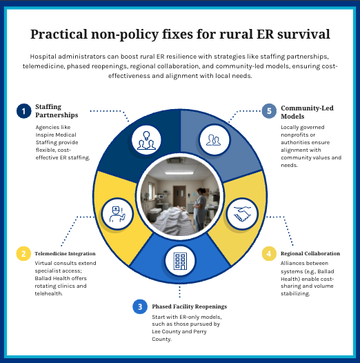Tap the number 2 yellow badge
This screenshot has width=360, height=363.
click(23, 254)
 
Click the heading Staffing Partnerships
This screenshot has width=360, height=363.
click(59, 110)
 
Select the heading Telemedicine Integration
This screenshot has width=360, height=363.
click(66, 254)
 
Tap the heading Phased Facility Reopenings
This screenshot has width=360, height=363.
click(189, 306)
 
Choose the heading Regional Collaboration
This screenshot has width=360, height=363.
click(310, 254)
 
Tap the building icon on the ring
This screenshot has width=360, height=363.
click(179, 261)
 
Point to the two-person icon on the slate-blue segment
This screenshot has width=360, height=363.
click(214, 139)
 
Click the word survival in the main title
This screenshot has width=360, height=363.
click(297, 33)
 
